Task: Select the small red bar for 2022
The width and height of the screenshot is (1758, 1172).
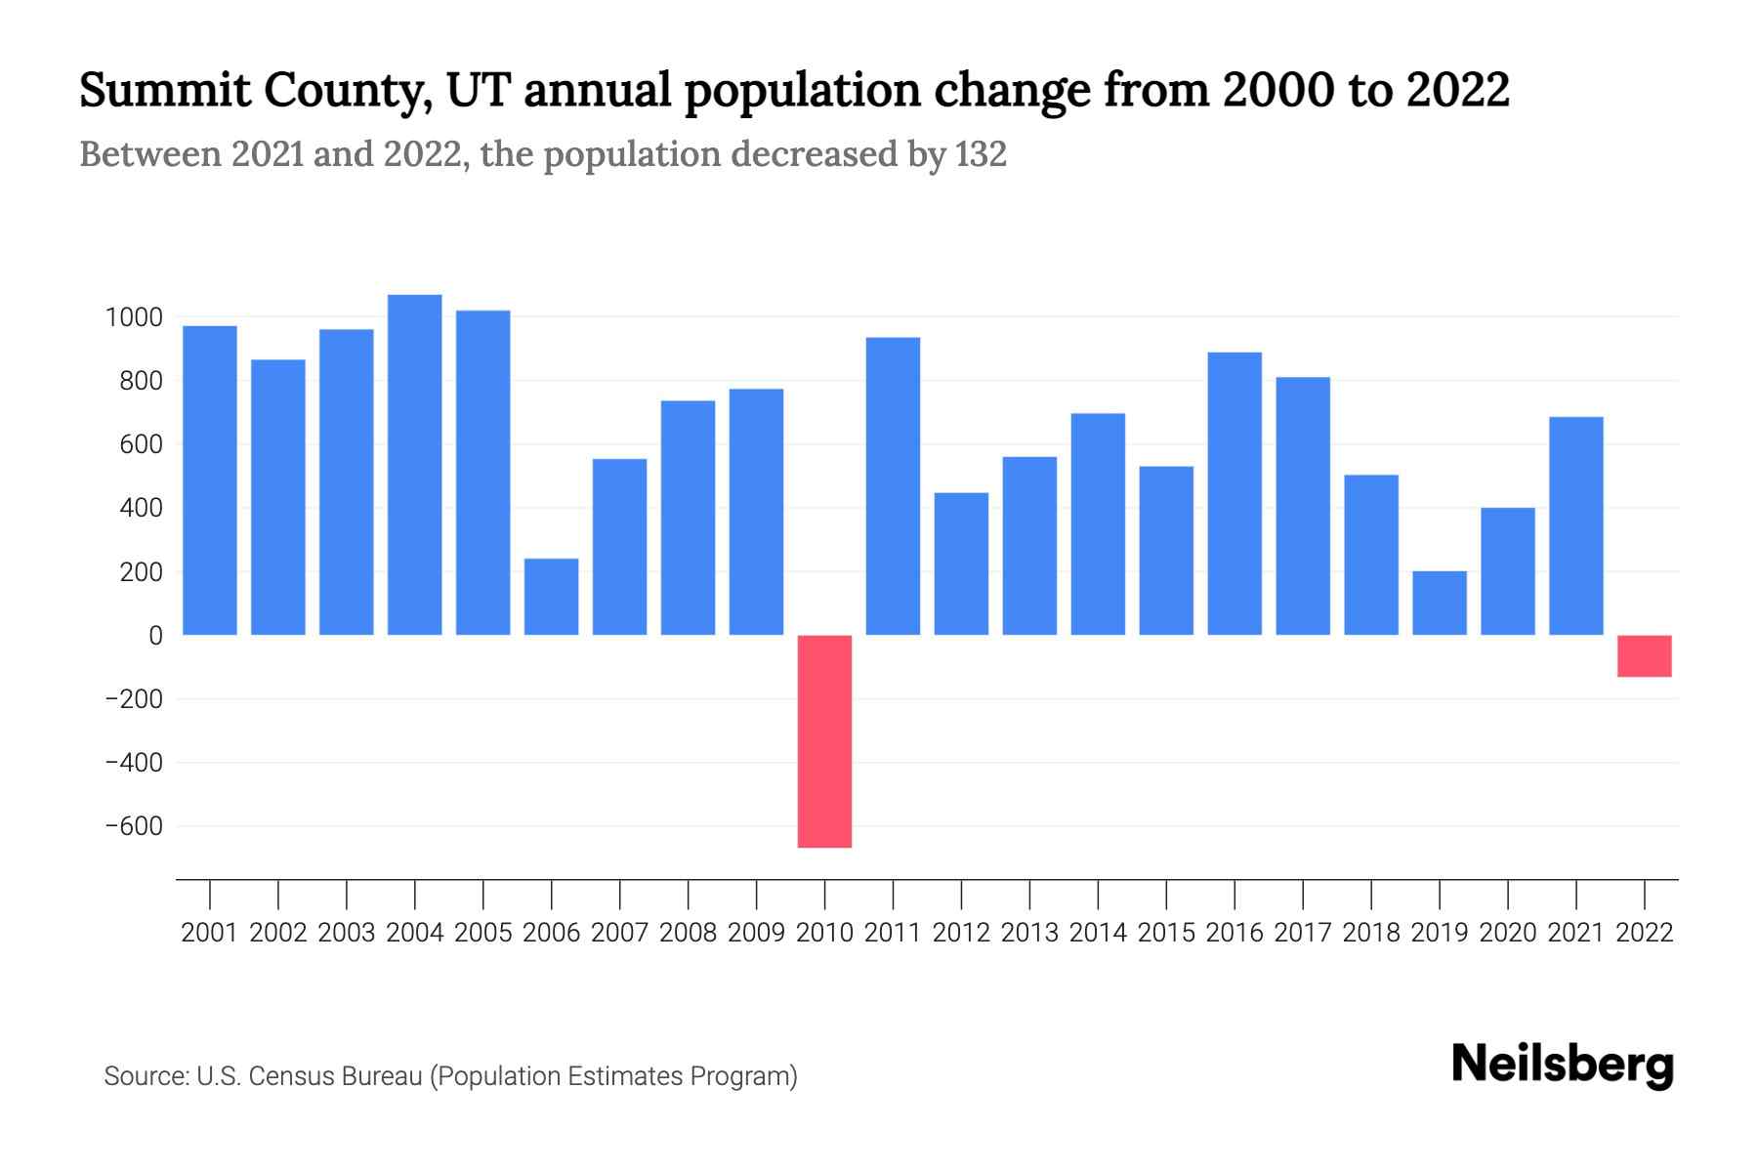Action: (x=1644, y=655)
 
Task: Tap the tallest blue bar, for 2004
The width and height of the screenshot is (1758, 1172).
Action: (x=414, y=465)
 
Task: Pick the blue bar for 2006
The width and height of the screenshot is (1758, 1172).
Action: (x=551, y=597)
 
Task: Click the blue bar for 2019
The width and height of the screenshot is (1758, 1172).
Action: (x=1439, y=603)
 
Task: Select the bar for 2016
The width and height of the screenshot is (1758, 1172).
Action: (x=1235, y=493)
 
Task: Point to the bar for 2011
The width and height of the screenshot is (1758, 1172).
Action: (x=893, y=486)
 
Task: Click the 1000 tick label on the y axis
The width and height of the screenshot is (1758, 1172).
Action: (x=134, y=317)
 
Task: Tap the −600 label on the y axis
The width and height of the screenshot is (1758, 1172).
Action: (x=134, y=826)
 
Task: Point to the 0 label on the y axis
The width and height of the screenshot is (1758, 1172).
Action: (x=155, y=636)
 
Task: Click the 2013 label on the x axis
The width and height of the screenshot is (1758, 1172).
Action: (x=1029, y=933)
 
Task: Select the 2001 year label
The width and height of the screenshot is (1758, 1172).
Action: (x=210, y=933)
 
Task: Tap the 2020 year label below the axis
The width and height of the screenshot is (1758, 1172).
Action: (x=1507, y=933)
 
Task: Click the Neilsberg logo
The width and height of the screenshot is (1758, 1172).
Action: (x=1562, y=1065)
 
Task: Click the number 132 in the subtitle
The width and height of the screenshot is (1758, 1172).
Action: (x=981, y=154)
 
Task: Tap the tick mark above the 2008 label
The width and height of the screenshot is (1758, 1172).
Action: (x=688, y=894)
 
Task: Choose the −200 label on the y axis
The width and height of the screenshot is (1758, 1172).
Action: (x=134, y=699)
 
